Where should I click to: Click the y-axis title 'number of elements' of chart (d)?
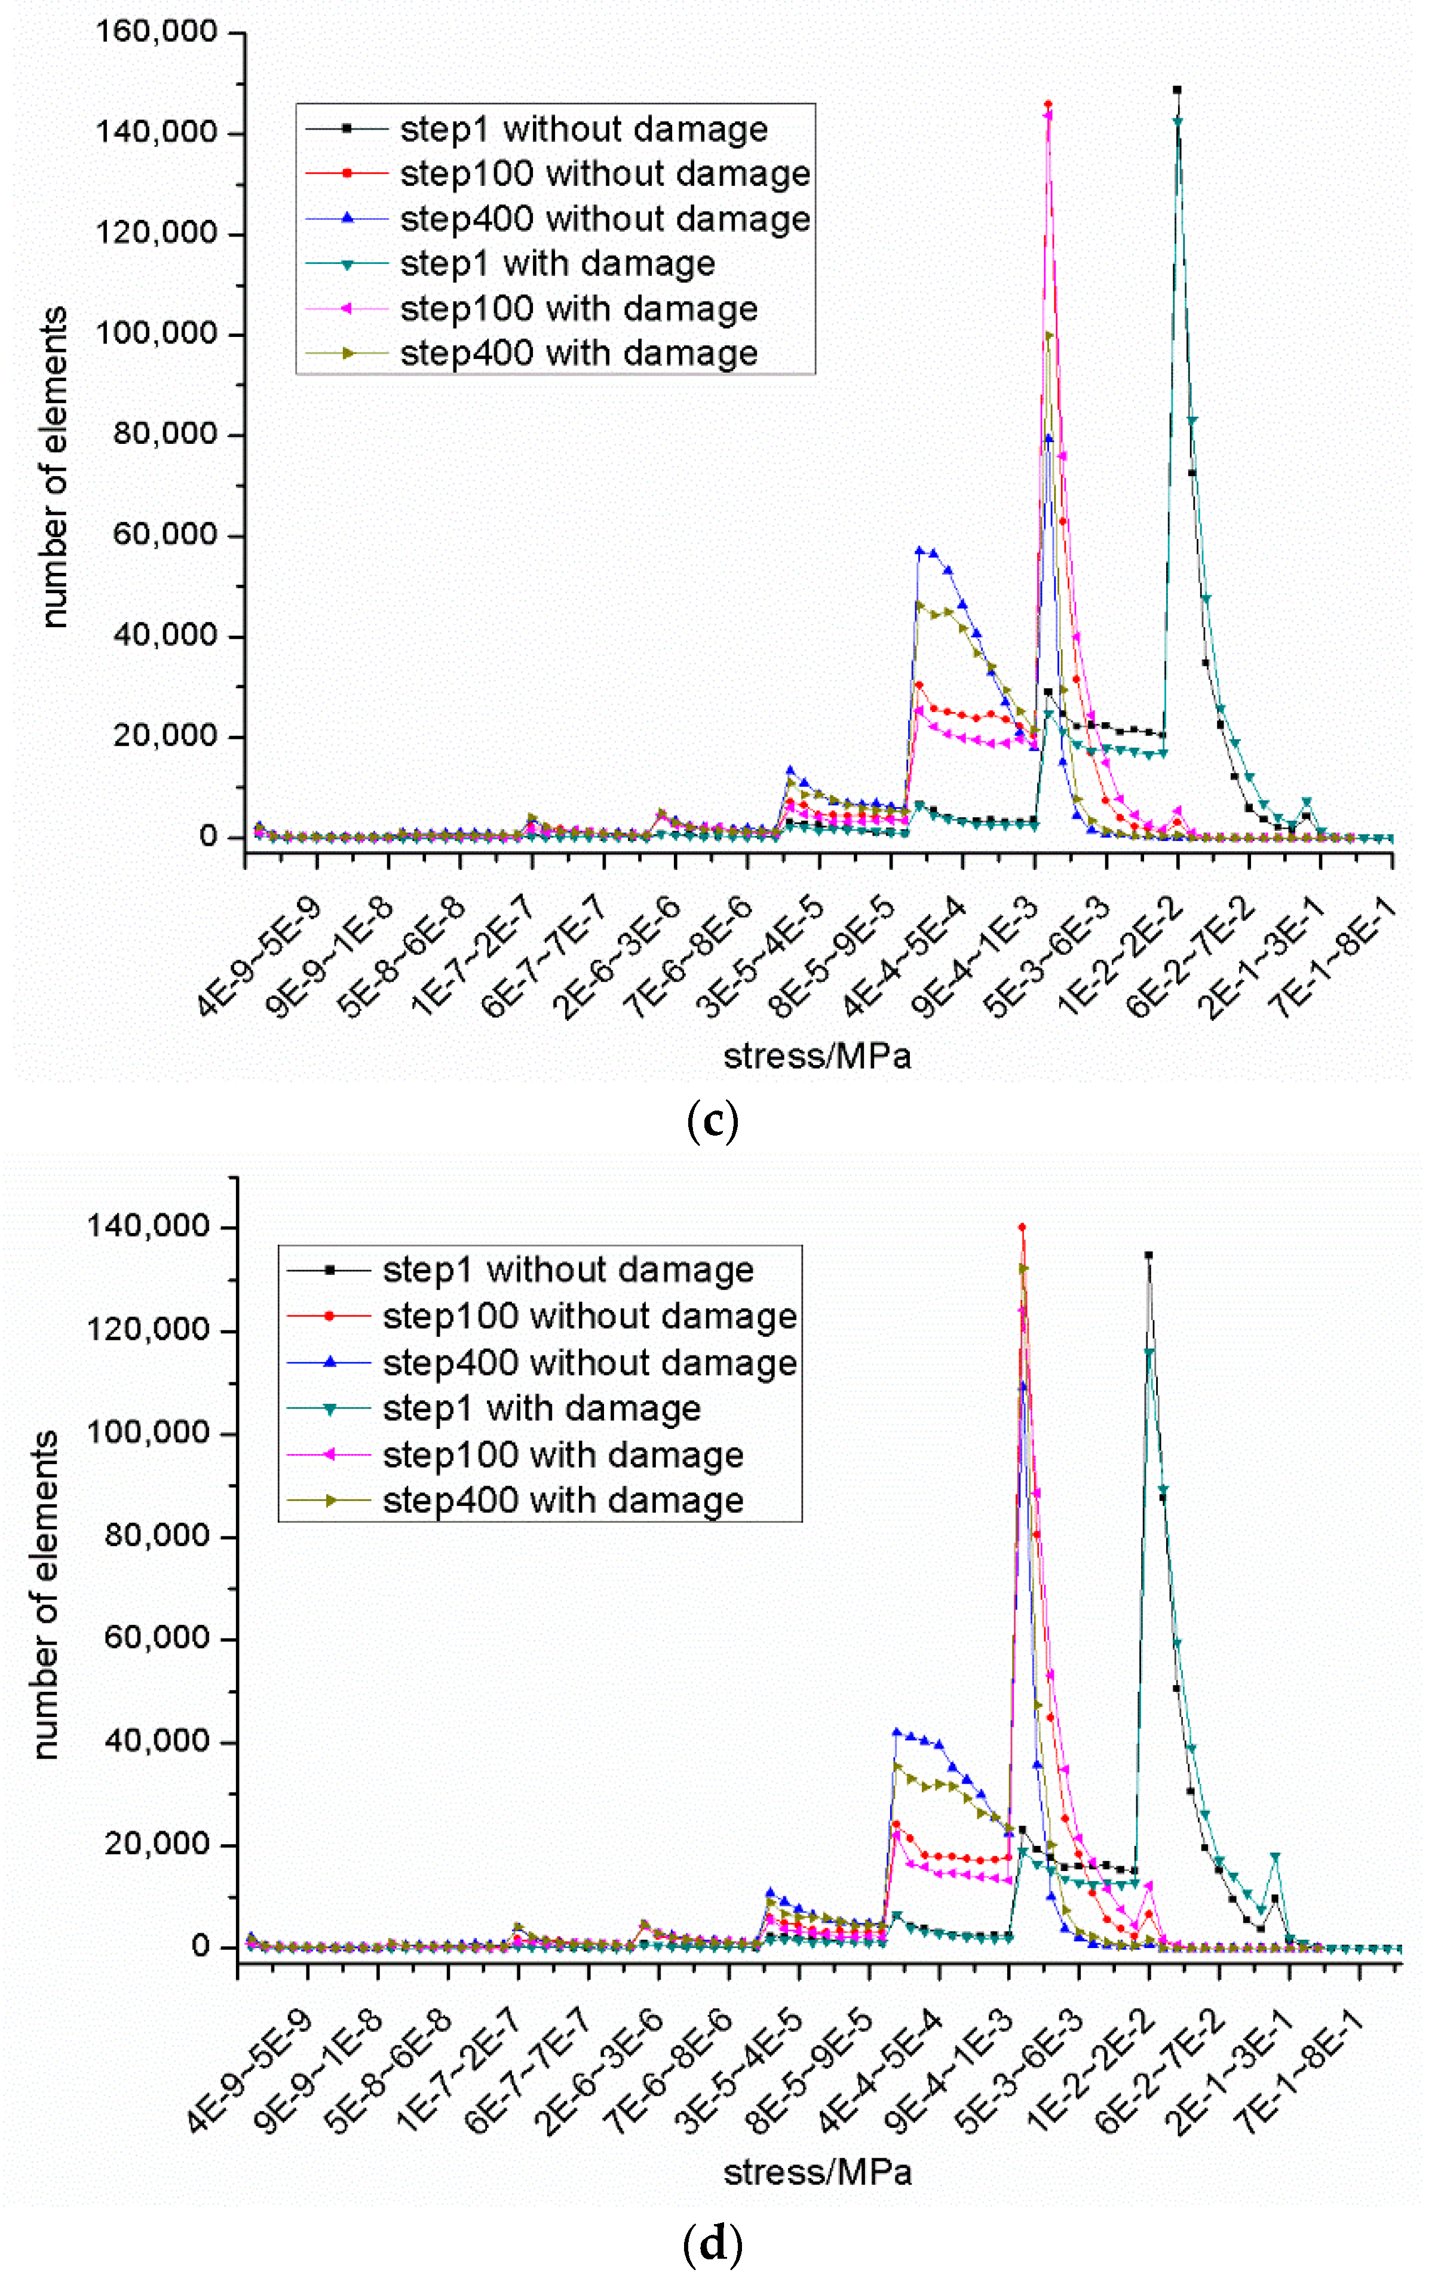click(x=45, y=1594)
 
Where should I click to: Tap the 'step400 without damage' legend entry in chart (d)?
click(x=588, y=1363)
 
